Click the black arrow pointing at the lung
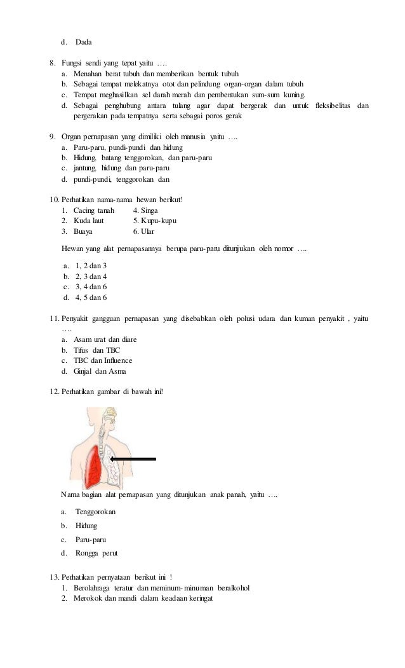click(x=133, y=458)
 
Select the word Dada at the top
click(x=84, y=43)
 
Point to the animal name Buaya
click(x=85, y=231)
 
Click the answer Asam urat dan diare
click(x=105, y=340)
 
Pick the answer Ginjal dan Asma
click(x=100, y=371)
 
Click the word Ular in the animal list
click(x=148, y=231)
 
